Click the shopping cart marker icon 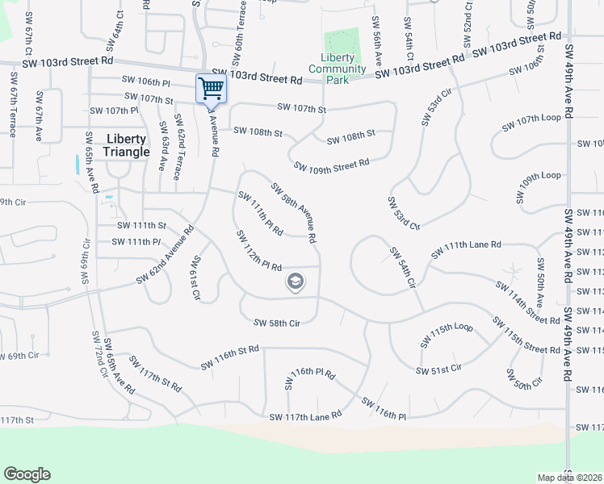pyautogui.click(x=211, y=88)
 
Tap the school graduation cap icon pyautogui.click(x=296, y=282)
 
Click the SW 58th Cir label pyautogui.click(x=277, y=323)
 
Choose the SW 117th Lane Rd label pyautogui.click(x=306, y=416)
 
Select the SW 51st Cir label pyautogui.click(x=438, y=369)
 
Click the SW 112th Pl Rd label pyautogui.click(x=258, y=250)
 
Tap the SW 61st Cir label pyautogui.click(x=195, y=278)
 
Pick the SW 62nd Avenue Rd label pyautogui.click(x=166, y=255)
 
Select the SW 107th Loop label pyautogui.click(x=531, y=118)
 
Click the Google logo pyautogui.click(x=27, y=474)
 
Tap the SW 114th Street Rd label pyautogui.click(x=527, y=303)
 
